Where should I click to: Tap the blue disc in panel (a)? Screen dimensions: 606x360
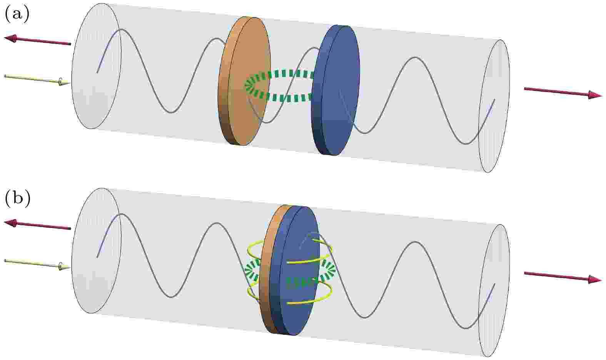tap(336, 90)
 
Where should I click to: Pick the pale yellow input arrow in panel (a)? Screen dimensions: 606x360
tap(37, 80)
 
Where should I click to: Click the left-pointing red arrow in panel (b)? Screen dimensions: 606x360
tap(37, 224)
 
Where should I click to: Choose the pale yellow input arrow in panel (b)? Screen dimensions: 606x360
tap(37, 265)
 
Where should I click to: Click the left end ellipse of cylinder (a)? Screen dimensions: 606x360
tap(96, 66)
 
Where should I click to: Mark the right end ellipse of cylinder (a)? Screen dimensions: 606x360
tap(494, 106)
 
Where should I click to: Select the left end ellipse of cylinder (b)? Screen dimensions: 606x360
tap(96, 251)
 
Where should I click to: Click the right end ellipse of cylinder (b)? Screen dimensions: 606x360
tap(494, 291)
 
